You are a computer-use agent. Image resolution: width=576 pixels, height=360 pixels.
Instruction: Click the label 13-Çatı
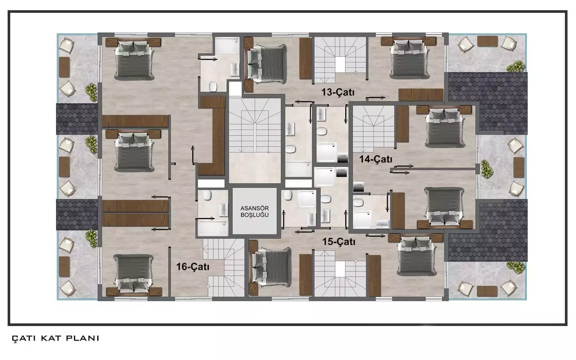[338, 92]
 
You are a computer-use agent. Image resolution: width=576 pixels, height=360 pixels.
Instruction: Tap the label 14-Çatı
[376, 159]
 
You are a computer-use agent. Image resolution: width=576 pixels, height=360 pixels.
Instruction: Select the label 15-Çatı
[339, 242]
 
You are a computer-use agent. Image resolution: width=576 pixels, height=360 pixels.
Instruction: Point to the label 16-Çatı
[193, 266]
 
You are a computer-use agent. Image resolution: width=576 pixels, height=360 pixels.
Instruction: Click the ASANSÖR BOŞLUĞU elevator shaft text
[254, 212]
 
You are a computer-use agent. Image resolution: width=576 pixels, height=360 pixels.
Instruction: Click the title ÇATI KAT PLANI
[56, 338]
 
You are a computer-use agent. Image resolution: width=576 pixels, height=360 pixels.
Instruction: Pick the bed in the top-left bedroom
[134, 60]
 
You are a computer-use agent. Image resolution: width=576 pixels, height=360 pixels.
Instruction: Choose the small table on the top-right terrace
[487, 41]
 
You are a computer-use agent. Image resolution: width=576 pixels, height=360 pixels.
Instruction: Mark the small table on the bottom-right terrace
[487, 291]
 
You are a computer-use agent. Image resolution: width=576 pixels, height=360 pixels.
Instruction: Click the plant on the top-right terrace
[516, 66]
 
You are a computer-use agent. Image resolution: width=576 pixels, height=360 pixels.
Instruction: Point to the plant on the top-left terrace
[92, 92]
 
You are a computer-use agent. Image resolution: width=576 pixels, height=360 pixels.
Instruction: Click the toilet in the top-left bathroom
[213, 86]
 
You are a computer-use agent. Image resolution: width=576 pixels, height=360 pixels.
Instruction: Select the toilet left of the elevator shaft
[207, 196]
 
